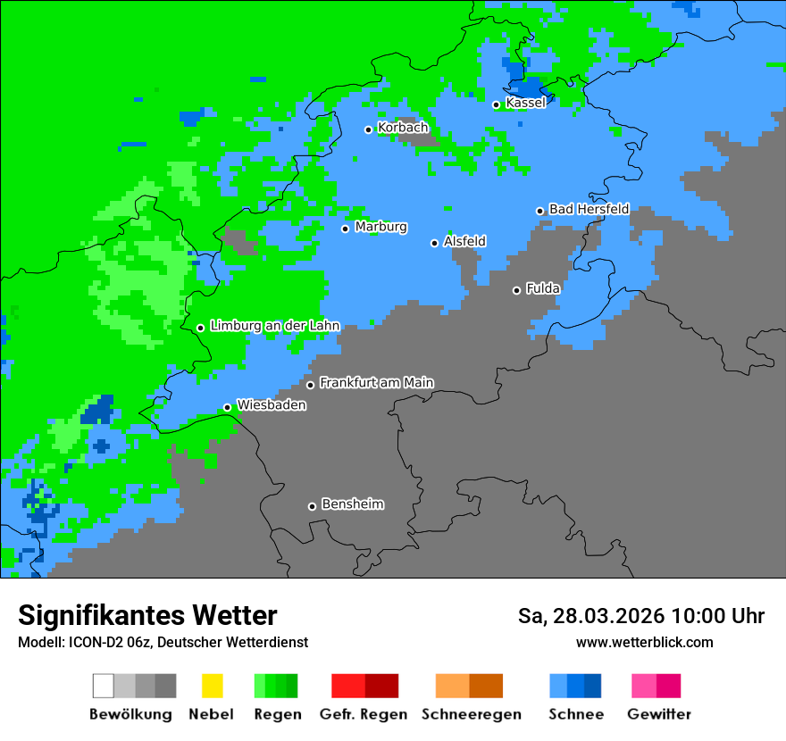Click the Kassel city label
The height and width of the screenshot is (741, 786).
[525, 103]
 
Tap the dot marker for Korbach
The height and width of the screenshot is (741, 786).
[368, 129]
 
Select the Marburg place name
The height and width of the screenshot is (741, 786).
[380, 227]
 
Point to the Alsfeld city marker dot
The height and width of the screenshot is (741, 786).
[435, 243]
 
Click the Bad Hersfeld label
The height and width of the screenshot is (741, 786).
[589, 209]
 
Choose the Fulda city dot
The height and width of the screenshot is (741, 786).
[516, 290]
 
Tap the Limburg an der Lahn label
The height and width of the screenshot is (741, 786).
[274, 326]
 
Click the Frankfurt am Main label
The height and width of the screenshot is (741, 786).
[376, 383]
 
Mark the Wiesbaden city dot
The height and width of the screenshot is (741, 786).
[227, 407]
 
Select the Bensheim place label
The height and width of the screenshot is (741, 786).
[352, 504]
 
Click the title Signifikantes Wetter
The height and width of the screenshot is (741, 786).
[147, 615]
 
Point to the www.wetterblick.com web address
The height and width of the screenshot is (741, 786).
[644, 642]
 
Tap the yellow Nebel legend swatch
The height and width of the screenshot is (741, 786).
[212, 686]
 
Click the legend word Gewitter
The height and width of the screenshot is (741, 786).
[658, 714]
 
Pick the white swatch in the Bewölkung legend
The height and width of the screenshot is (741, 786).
[104, 686]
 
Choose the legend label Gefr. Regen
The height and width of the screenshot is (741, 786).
[364, 714]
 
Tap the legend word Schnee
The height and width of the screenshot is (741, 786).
[575, 714]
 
